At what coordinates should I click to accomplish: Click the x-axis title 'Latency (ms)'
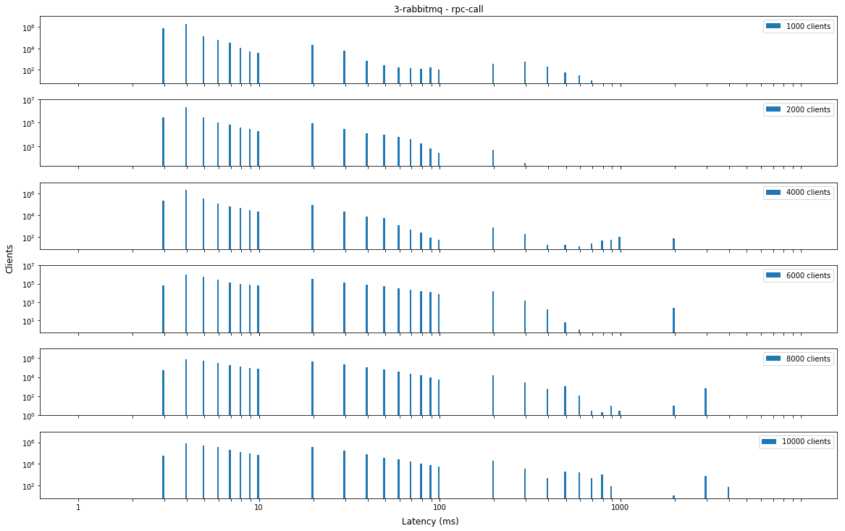(430, 522)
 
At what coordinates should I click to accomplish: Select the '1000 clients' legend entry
(798, 26)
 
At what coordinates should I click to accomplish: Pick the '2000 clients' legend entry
(798, 109)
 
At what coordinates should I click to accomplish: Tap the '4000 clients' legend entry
(798, 192)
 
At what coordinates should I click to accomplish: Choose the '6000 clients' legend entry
(798, 275)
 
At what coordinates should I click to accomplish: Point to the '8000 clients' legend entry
(798, 359)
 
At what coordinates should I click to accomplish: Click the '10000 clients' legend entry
(796, 441)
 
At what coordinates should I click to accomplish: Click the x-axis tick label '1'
(78, 508)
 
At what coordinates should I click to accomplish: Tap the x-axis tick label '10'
(258, 508)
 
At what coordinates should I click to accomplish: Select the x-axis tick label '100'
(438, 508)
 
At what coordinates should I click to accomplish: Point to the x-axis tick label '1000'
(619, 508)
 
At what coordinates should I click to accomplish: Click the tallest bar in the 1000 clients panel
(186, 54)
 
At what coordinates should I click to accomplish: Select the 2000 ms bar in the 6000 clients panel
(673, 320)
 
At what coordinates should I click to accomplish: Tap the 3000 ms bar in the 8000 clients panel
(705, 401)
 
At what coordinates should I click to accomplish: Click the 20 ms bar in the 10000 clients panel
(312, 472)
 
